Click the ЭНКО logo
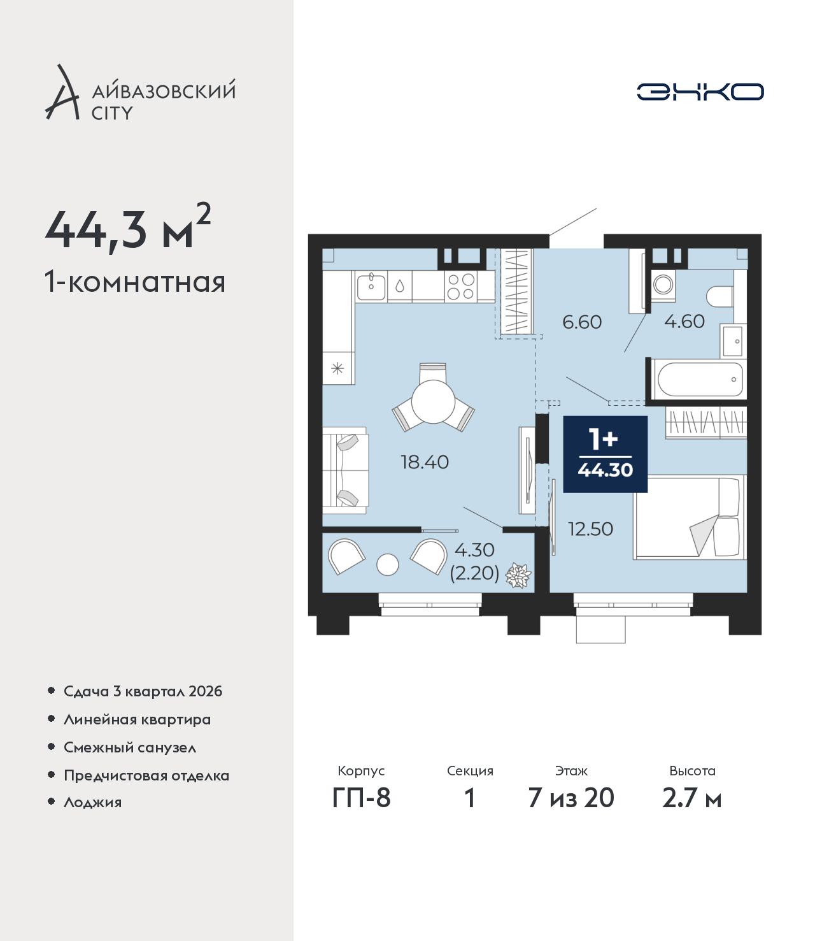coord(700,92)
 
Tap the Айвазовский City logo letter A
coord(61,93)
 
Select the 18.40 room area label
coord(425,462)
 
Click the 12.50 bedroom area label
coord(590,529)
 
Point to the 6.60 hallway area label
coord(582,322)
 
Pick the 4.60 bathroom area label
coord(684,321)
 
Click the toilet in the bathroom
coord(720,297)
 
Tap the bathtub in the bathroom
coord(700,380)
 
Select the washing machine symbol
coord(663,285)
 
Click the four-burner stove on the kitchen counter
coord(460,286)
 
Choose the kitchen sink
coord(371,286)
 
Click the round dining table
coord(433,401)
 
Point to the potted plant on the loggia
coord(518,575)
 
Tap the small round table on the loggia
coord(388,564)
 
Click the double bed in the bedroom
coord(690,517)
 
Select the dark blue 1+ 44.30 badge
coord(606,454)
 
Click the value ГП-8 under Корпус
coord(361,798)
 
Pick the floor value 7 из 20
coord(571,798)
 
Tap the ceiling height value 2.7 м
coord(691,798)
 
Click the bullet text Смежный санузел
coord(130,747)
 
